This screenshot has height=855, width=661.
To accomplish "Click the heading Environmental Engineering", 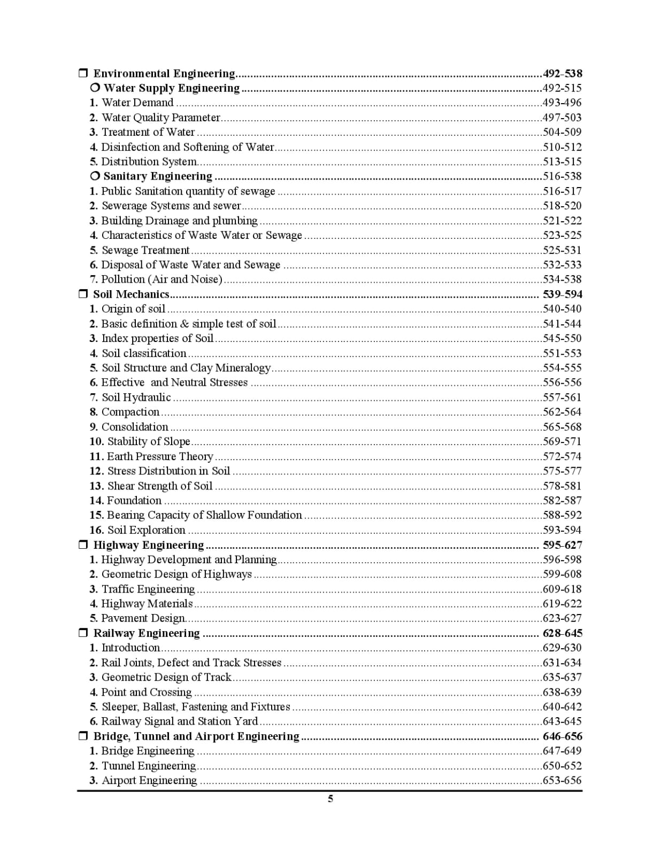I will coord(164,74).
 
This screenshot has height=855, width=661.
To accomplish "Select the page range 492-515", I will coord(562,88).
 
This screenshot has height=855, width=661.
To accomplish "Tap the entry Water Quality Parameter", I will coord(160,118).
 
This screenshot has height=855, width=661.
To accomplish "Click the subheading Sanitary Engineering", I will coord(158,176).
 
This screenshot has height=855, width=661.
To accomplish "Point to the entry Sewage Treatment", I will coord(145,250).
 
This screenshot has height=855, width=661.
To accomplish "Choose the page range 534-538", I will coord(562,279).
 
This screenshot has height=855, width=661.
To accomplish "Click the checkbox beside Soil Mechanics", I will coord(83,294).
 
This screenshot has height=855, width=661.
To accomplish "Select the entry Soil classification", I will coord(144,353).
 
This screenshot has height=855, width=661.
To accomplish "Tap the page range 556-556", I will coord(562,383).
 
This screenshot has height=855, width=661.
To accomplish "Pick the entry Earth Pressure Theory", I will coord(160,456).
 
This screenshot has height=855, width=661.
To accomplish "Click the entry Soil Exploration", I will coord(146,530).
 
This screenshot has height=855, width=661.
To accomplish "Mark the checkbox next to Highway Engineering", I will coord(83,545).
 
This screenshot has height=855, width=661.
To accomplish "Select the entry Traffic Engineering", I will coord(148,589).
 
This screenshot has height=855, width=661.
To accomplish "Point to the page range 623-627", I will coord(562,618).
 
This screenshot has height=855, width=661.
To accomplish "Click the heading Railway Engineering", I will coord(146,633).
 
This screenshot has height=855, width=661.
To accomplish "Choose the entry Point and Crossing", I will coord(146,692).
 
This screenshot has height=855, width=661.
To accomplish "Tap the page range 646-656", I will coord(562,736).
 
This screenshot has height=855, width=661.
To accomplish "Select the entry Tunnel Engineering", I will coord(149,766).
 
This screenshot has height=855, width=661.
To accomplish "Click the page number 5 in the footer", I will coord(330,799).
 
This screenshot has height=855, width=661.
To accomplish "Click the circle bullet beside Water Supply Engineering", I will coord(95,88).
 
